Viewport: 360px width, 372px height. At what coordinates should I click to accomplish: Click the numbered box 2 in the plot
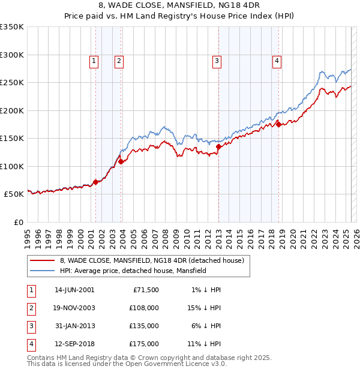tap(119, 60)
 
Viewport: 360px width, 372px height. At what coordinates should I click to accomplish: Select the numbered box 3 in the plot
tap(217, 60)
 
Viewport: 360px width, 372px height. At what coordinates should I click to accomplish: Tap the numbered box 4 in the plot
tap(277, 60)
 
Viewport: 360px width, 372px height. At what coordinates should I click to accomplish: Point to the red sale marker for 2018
tap(278, 124)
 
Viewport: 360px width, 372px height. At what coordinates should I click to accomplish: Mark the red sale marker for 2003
tap(121, 161)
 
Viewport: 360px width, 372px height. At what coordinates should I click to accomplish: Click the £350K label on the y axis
tap(13, 27)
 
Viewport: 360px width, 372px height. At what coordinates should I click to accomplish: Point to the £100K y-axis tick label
tap(13, 166)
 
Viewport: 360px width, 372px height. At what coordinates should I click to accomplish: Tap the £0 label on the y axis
tap(18, 222)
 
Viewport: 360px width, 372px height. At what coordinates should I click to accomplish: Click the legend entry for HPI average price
tap(133, 271)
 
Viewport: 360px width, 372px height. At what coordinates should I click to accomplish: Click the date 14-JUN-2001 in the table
tap(74, 290)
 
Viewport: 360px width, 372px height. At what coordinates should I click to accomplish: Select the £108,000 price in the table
tap(145, 308)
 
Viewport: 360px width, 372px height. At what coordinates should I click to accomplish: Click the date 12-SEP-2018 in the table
tap(74, 344)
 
